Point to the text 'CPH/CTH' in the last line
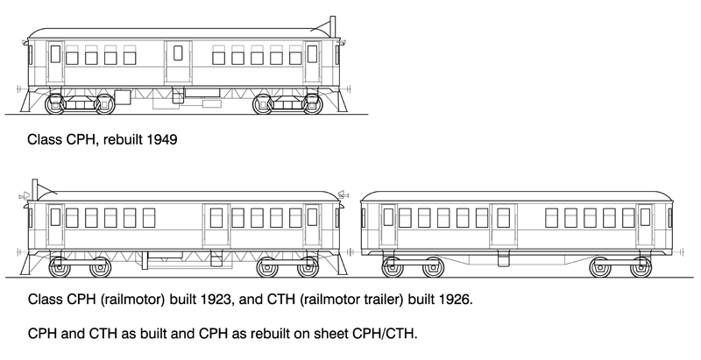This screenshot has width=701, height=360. (386, 335)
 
